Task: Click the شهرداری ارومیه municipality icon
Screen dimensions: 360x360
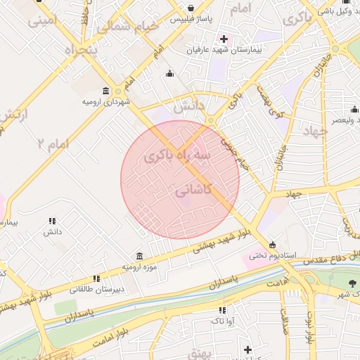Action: [x=105, y=91]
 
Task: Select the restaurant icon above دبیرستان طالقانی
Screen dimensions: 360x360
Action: [x=96, y=278]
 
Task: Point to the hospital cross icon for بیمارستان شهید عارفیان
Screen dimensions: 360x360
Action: [x=224, y=39]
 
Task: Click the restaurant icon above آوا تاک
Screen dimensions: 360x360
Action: [x=222, y=310]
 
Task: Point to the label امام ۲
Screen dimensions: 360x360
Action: [x=53, y=144]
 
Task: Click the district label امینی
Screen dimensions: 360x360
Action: [x=40, y=21]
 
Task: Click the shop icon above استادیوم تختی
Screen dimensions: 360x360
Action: [x=272, y=244]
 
